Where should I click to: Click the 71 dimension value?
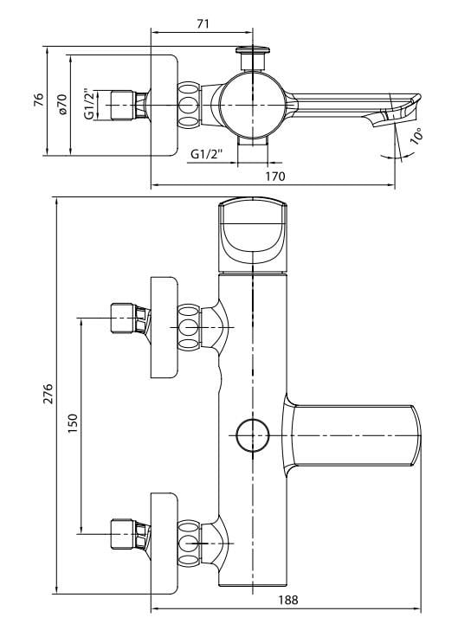click(203, 24)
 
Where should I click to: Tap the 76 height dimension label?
click(39, 100)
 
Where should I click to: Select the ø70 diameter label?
click(62, 105)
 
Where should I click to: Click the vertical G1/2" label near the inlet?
click(89, 105)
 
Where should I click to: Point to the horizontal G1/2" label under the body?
click(206, 154)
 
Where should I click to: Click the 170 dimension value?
click(275, 177)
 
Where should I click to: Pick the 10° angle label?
click(416, 136)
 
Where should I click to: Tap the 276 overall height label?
click(48, 394)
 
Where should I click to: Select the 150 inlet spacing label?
click(73, 424)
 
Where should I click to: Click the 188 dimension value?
click(288, 600)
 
